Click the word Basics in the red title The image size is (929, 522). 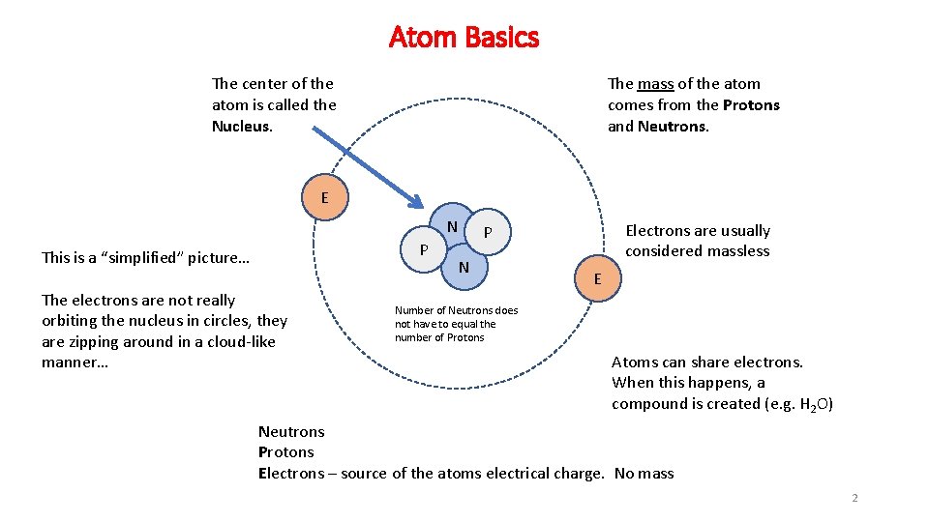click(501, 38)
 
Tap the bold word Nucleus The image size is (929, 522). click(240, 126)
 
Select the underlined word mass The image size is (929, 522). click(655, 84)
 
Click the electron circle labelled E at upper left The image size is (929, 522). click(324, 198)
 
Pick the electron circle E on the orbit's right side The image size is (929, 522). click(597, 279)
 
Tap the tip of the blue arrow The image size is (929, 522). click(421, 206)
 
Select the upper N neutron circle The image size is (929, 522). click(452, 225)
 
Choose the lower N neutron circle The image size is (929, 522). click(464, 267)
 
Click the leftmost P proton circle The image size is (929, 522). click(424, 249)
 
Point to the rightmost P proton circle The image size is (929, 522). click(488, 232)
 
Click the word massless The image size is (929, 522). click(737, 251)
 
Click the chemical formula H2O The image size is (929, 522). click(815, 404)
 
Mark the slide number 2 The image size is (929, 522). click(854, 499)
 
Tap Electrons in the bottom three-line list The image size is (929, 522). click(291, 473)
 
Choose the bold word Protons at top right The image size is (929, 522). click(751, 105)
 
